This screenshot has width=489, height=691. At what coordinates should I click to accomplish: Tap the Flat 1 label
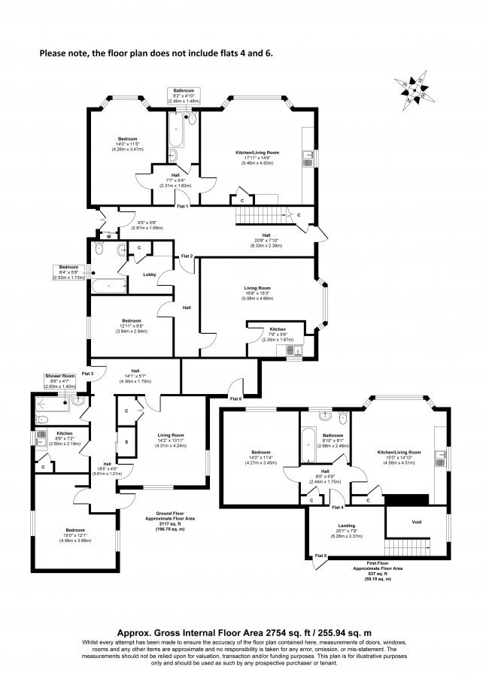[x=182, y=205]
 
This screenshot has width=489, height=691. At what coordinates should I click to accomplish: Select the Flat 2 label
[x=187, y=257]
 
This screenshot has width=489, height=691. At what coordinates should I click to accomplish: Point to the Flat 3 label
[x=87, y=374]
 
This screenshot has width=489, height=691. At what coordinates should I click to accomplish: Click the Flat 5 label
[x=321, y=556]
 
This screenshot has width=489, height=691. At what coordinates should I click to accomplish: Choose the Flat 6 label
[x=236, y=399]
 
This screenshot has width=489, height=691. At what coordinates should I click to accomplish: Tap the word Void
[x=416, y=520]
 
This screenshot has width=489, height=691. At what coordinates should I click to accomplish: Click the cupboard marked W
[x=108, y=237]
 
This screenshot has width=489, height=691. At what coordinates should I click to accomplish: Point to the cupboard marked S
[x=126, y=442]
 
